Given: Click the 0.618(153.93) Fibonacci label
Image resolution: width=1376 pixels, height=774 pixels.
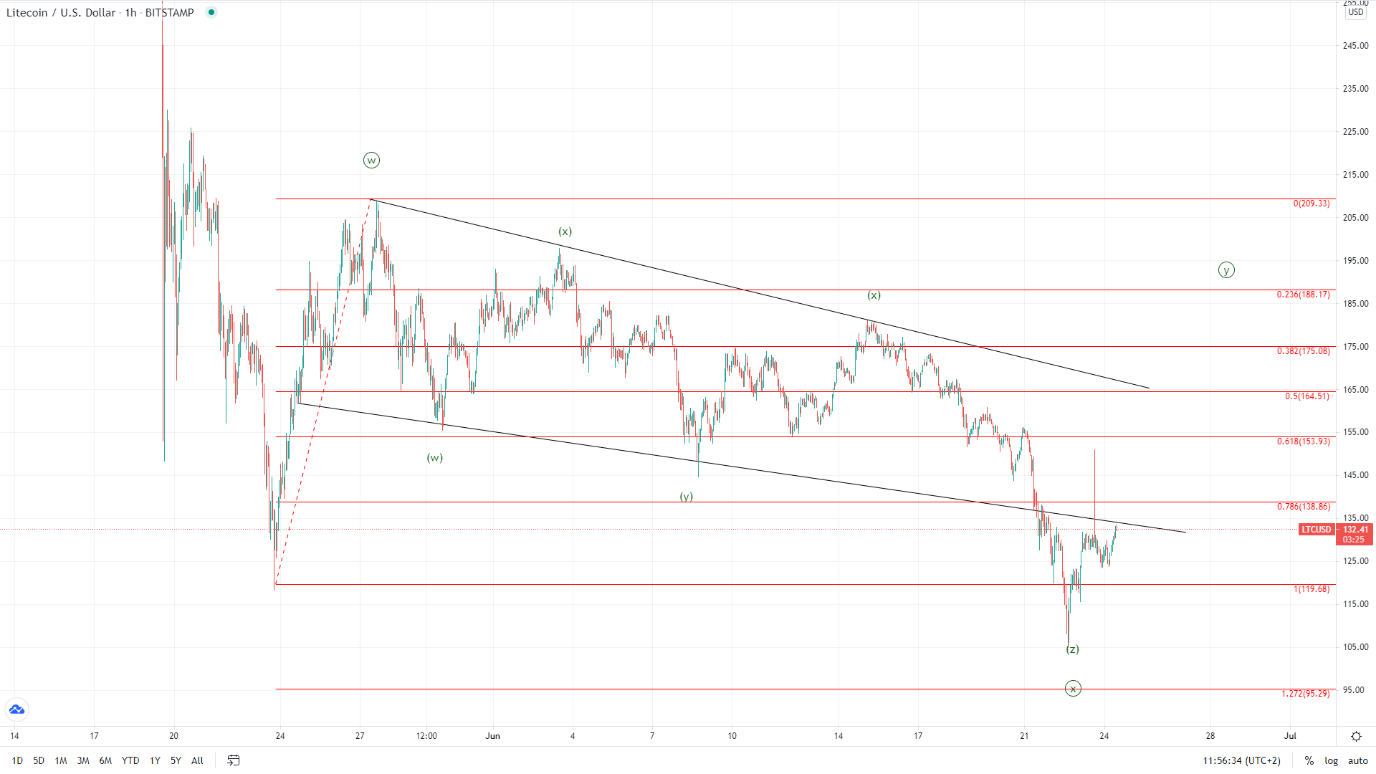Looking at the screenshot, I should (1303, 441).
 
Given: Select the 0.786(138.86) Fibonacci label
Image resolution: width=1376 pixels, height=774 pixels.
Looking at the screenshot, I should (1303, 507).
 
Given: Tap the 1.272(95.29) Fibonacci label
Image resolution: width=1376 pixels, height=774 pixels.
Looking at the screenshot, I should (1305, 694).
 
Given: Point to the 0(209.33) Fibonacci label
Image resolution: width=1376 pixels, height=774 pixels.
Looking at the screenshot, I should (1311, 204).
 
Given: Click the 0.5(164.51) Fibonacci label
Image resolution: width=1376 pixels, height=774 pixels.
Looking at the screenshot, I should (1306, 396).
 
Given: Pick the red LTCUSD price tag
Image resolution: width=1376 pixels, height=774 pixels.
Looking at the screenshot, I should (1316, 530).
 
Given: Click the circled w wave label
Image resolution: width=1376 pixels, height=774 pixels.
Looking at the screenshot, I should (371, 161).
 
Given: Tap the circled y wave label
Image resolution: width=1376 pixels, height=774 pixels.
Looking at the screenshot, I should (1226, 270).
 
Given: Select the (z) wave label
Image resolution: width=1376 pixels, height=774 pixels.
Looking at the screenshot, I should (1072, 649).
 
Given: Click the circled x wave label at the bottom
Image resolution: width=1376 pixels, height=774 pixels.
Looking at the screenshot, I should (1073, 689).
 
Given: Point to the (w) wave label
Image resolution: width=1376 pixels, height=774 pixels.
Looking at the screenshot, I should (435, 458).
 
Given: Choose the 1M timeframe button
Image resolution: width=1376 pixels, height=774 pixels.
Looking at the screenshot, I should (61, 760).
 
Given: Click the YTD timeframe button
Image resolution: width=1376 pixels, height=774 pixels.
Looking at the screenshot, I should (130, 760).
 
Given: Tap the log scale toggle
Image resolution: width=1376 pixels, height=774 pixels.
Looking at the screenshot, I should (1331, 760).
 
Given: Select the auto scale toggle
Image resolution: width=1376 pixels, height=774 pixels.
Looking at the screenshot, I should (1357, 760).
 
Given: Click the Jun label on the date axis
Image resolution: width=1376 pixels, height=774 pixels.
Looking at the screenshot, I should (492, 735).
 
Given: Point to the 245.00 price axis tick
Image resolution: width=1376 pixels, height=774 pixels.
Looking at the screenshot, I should (1355, 46).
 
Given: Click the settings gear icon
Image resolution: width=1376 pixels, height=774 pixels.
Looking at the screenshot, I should (1356, 736).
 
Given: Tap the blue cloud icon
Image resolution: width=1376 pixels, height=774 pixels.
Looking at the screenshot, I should (16, 709).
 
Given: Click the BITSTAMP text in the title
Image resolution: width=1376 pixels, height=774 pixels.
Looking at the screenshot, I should (169, 13).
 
